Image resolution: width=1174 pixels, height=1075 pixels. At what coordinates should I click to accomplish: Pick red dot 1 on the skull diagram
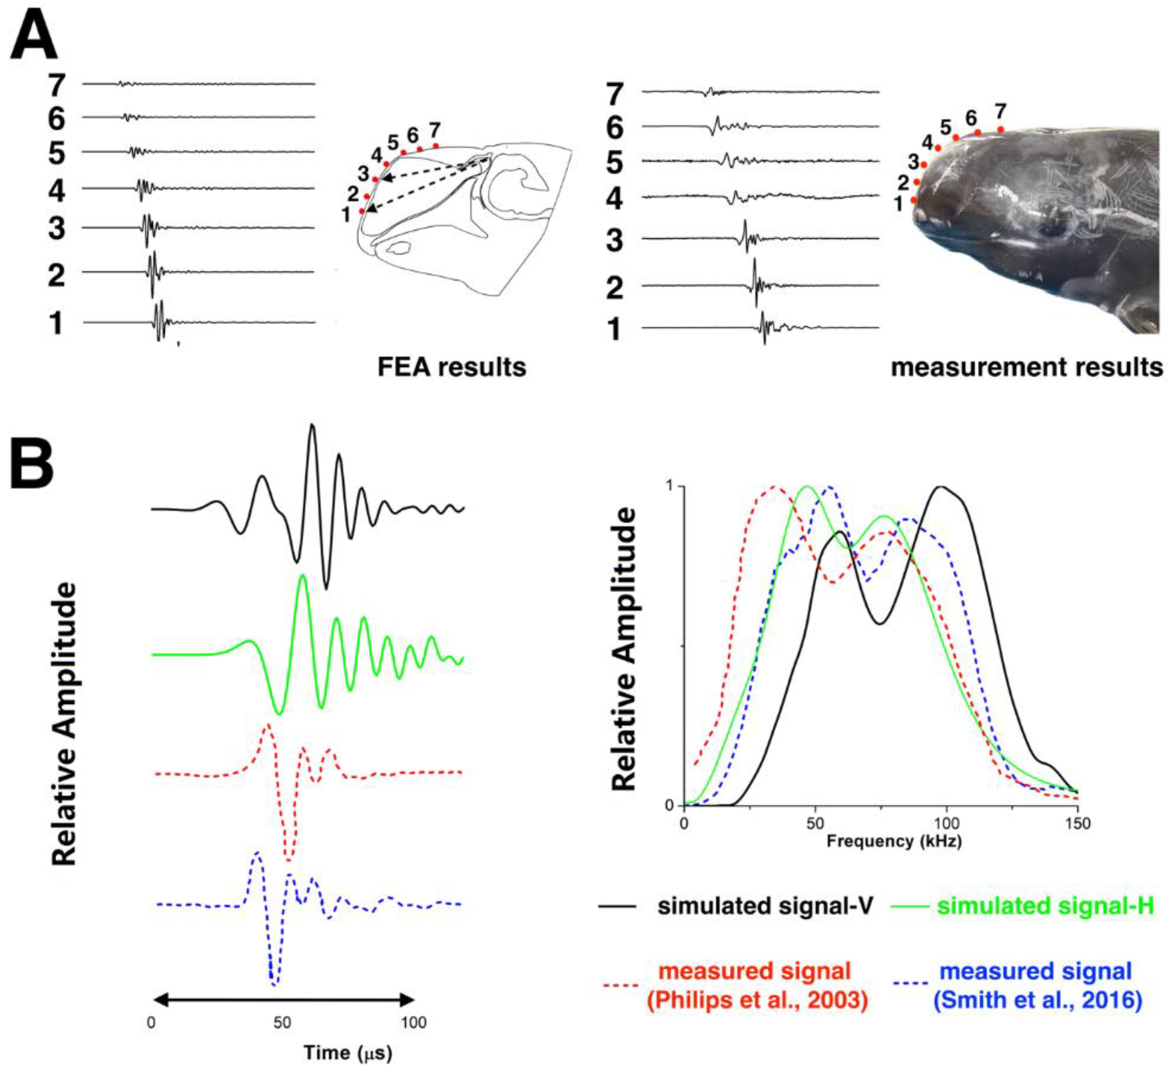(362, 211)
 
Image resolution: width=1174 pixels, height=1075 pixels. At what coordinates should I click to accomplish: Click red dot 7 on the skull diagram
(435, 145)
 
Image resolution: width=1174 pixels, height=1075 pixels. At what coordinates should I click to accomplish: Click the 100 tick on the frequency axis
(946, 823)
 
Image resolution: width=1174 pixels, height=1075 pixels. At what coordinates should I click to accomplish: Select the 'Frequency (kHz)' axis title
(894, 841)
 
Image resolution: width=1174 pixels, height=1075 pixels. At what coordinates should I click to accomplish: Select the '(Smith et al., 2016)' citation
(1038, 1000)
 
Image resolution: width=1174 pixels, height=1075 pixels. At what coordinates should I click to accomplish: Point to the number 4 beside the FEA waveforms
(56, 191)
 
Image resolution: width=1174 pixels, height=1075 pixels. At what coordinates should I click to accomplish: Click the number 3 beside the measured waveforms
(615, 240)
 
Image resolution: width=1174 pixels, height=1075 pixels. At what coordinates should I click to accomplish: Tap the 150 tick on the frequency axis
(1078, 823)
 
